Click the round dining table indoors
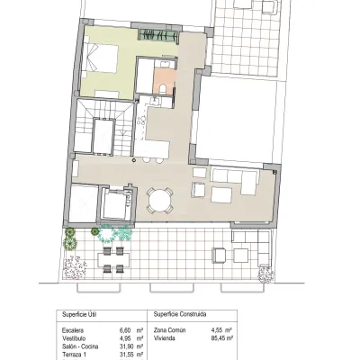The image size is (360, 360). click(160, 200)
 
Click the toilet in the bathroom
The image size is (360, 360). click(163, 89)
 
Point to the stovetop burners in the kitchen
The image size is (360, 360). click(141, 121)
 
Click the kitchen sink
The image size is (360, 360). click(156, 101)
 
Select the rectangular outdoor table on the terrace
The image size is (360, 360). click(113, 259)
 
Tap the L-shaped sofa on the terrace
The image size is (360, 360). click(252, 247)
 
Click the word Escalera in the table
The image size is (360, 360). click(72, 330)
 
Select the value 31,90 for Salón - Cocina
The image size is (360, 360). click(125, 346)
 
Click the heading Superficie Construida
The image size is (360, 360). click(180, 314)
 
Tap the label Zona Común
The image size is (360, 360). click(169, 330)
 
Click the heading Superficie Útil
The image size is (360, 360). click(79, 314)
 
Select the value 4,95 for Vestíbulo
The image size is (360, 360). click(125, 338)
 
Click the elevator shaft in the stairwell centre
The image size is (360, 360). click(103, 136)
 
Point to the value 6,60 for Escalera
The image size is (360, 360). click(125, 330)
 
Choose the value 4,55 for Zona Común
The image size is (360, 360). click(218, 330)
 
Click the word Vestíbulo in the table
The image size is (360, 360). click(72, 338)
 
